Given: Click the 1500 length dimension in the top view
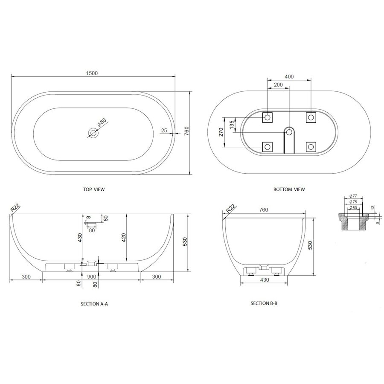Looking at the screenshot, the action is [x=92, y=73].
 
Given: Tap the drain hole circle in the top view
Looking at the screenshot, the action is [x=93, y=133].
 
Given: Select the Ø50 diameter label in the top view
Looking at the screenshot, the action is [x=102, y=122].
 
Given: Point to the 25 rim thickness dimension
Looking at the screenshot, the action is [x=164, y=130].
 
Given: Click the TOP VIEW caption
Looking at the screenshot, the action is [x=94, y=189].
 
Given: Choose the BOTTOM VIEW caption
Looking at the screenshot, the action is [x=289, y=189].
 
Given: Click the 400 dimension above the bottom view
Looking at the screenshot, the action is [x=289, y=77].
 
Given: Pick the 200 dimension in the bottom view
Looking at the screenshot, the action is [x=278, y=85].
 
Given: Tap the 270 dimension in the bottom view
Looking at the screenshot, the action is [x=221, y=132].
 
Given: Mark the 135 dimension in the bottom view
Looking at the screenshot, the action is [x=232, y=125].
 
